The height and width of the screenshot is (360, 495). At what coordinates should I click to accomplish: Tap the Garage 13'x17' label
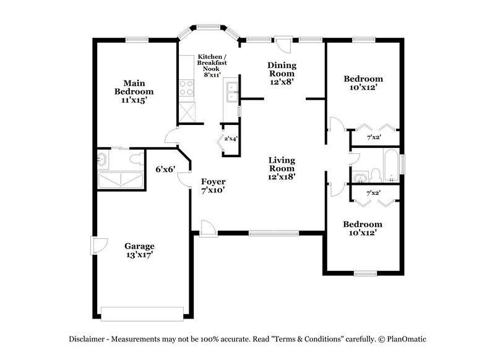coord(139,249)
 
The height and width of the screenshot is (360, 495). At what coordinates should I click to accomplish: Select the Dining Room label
coord(282,72)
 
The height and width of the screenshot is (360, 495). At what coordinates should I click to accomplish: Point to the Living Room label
coord(282,168)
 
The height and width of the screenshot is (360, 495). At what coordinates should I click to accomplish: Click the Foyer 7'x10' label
coord(213,186)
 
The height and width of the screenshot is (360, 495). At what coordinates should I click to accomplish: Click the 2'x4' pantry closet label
coord(231,139)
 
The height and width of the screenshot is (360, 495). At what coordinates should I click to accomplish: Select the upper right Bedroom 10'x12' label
coord(363,83)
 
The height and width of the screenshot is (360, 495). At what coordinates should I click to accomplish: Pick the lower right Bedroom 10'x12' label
coord(363,228)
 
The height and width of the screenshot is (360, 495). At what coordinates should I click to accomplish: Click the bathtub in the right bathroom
coord(392,165)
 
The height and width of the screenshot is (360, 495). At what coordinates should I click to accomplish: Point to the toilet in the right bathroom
coord(376,173)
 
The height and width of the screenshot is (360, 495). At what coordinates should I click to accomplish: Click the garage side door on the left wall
coord(95,246)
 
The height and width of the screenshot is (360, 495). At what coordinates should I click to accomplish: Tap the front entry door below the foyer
coord(208,230)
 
